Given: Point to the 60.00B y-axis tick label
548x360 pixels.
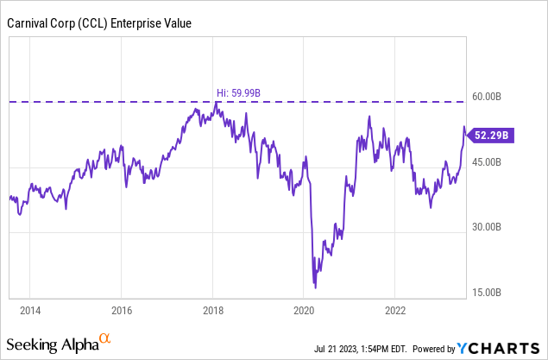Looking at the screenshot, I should pyautogui.click(x=499, y=97).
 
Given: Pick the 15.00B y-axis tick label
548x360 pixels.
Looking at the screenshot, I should pyautogui.click(x=499, y=293).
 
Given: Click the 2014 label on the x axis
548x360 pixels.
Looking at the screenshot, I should pyautogui.click(x=30, y=309).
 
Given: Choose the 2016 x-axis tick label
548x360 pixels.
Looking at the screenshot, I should pyautogui.click(x=122, y=309).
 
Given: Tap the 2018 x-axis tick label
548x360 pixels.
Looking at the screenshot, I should pyautogui.click(x=212, y=309).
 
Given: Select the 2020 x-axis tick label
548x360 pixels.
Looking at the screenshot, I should pyautogui.click(x=304, y=309).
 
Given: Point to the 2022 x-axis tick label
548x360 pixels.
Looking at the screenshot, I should pyautogui.click(x=395, y=309).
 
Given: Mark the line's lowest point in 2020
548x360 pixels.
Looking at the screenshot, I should pyautogui.click(x=315, y=287).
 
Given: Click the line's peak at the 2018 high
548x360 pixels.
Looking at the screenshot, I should pyautogui.click(x=216, y=103).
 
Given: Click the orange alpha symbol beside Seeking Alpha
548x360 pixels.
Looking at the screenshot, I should pyautogui.click(x=104, y=339).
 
